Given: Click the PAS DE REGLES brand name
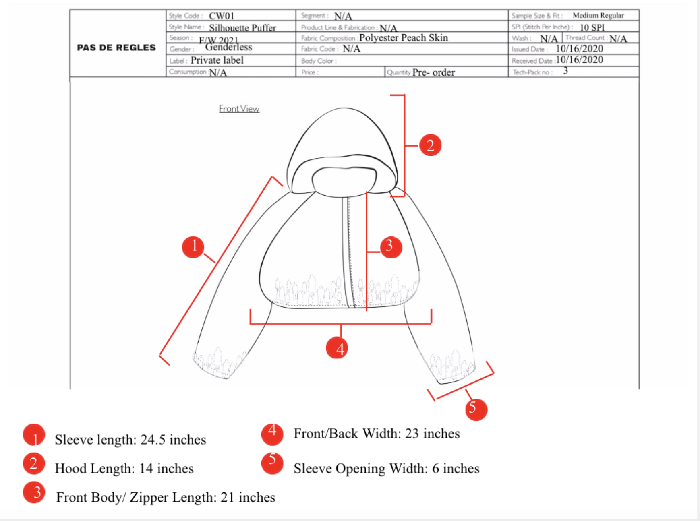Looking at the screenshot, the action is [x=116, y=48].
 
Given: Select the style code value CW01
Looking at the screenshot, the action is [x=222, y=16].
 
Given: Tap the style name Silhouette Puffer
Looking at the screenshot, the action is [x=242, y=28].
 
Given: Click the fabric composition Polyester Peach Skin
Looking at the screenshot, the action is [x=404, y=38].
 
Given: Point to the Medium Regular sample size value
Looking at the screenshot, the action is [x=598, y=15].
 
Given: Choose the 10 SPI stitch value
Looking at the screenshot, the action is [x=592, y=27].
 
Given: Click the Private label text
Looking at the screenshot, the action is [x=217, y=60].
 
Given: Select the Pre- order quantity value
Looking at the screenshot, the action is [x=433, y=72].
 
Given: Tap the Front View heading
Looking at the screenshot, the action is [x=239, y=109].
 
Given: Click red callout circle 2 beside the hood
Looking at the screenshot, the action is [x=430, y=145].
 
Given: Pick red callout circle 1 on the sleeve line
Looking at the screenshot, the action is [x=193, y=246].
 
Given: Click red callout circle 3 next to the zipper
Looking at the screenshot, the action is [x=390, y=246].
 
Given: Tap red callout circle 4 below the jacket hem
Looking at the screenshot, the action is [x=338, y=348].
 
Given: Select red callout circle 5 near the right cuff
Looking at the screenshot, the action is [x=476, y=409].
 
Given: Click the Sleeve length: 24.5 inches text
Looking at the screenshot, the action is [x=130, y=440].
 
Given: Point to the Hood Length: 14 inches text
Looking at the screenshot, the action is [x=124, y=469].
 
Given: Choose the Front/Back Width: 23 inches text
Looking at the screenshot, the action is [x=377, y=434].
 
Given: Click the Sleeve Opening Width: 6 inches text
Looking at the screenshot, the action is [x=386, y=469].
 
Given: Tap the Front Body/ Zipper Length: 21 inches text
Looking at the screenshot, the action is [x=166, y=498].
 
